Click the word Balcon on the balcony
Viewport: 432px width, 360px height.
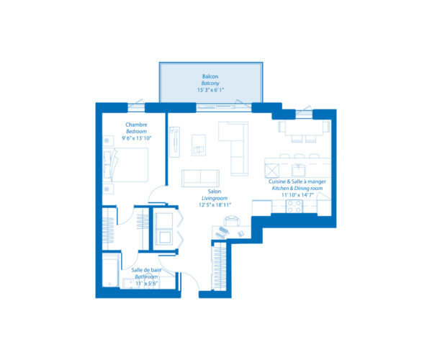[x=210, y=76]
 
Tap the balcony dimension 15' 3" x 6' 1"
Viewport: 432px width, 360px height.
[x=210, y=90]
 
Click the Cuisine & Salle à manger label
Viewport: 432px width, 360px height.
[x=297, y=181]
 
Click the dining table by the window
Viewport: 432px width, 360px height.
[x=302, y=128]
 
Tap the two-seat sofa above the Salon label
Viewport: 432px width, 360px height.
[x=200, y=178]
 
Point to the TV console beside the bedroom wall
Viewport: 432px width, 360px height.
[x=174, y=141]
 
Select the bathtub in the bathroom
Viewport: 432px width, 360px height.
[x=110, y=274]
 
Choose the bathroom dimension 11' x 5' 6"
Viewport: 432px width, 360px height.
[x=145, y=283]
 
